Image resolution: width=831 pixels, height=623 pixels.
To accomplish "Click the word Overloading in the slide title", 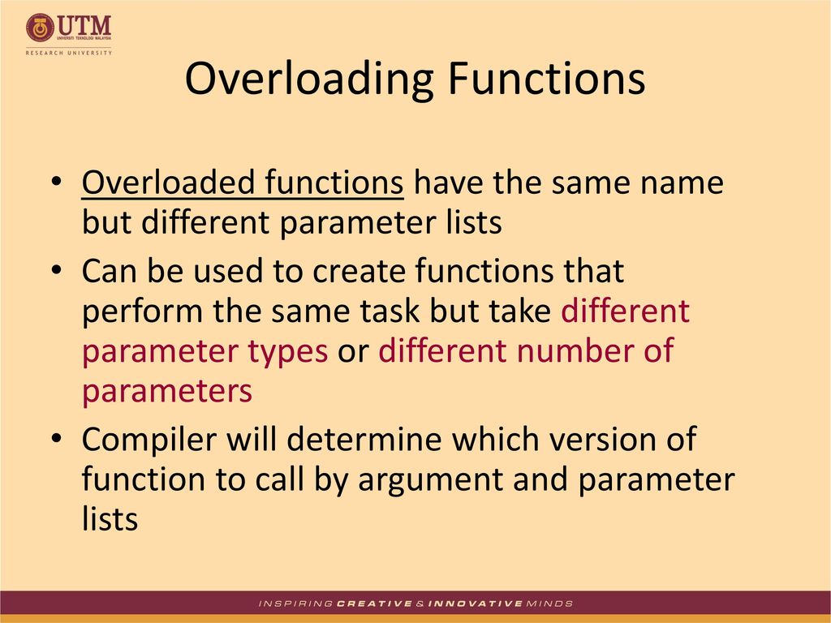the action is click(x=309, y=80).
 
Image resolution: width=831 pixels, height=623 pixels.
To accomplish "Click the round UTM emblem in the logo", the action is click(x=40, y=28).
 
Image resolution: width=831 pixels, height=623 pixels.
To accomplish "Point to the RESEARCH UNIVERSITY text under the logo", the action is click(x=69, y=53).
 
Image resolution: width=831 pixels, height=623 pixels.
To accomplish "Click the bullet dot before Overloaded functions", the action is click(x=57, y=182).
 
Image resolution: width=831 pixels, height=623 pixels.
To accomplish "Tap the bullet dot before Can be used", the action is click(x=57, y=270).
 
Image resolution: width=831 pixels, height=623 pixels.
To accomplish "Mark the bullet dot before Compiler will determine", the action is click(x=57, y=439).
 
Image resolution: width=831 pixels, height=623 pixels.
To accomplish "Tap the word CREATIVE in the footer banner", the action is click(x=374, y=604).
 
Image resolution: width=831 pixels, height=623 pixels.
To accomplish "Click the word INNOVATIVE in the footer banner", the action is click(x=475, y=604).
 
